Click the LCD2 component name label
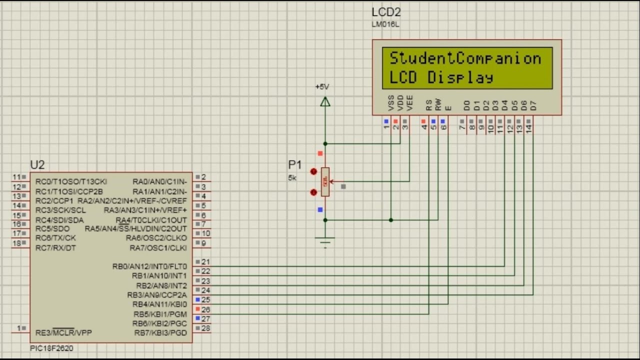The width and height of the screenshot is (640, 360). coord(386,12)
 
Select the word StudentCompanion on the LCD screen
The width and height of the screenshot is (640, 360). coord(465,58)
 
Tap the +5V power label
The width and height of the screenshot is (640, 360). coord(322,87)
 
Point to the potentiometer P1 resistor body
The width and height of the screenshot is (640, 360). coord(325,181)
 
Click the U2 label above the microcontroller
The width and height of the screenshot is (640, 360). coord(37,165)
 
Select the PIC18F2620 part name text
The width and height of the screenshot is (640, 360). coord(51,348)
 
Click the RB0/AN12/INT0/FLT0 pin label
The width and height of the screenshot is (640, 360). coord(149,266)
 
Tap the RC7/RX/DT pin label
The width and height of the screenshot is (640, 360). coord(55,248)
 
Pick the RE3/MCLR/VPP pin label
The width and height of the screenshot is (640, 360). coord(63,332)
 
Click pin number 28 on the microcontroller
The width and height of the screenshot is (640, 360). coord(205,328)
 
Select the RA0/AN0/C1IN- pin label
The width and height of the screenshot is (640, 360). coord(159,181)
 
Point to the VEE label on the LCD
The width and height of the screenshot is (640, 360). coord(410,102)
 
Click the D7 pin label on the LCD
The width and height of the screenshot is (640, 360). coord(533,105)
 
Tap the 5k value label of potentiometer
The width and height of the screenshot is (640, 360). coord(292,177)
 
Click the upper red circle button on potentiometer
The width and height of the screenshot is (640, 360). coord(313,171)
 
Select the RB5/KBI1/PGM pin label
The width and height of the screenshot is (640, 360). coord(160,314)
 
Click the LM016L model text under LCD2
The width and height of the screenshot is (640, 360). coord(385,24)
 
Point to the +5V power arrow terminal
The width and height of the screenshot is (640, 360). coord(325,102)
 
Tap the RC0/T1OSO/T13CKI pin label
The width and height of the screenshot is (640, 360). coord(71,181)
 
